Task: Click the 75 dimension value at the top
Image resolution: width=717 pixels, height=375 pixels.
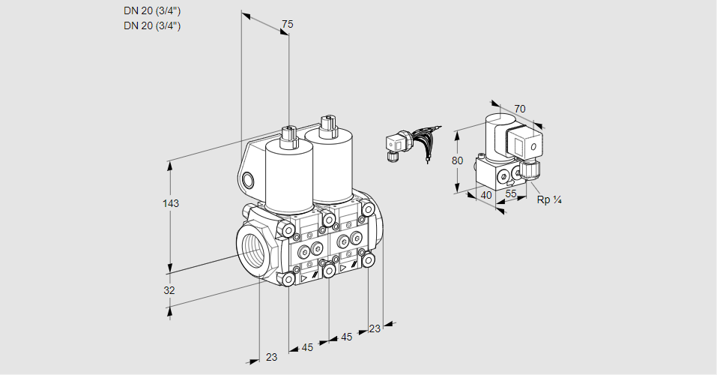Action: point(287,24)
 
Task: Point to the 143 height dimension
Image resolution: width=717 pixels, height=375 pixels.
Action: point(171,203)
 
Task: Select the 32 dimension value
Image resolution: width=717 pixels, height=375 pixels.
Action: point(169,290)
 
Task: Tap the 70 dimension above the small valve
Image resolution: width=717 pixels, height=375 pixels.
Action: point(520,109)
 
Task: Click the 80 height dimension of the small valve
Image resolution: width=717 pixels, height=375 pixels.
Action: point(457,160)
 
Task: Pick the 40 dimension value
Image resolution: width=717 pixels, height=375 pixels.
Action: point(486,196)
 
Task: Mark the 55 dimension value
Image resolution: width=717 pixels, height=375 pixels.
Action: point(511,193)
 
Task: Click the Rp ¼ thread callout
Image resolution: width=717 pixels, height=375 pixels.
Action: point(549,200)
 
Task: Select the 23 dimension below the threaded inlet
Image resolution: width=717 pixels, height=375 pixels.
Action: point(272,357)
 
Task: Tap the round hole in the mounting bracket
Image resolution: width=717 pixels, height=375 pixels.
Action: point(247,181)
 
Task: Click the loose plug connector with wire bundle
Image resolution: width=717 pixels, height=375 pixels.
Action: point(411,143)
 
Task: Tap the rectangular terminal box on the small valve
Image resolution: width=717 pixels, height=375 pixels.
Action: point(524,142)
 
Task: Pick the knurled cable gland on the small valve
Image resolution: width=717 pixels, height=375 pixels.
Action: point(530,169)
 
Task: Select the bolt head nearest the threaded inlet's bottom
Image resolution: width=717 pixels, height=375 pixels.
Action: point(288,279)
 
